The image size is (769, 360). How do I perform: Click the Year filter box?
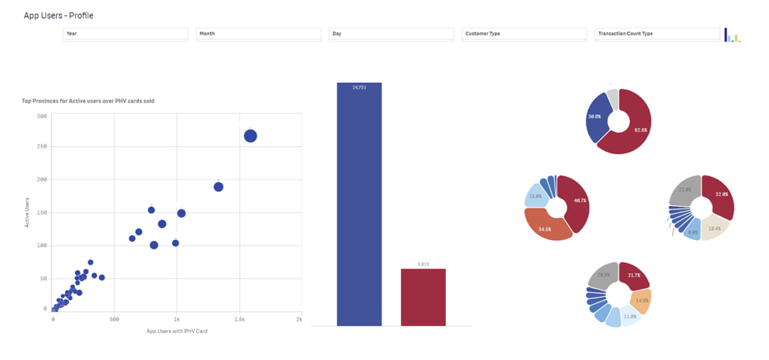coord(126,34)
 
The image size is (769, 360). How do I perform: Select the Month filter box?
coord(258,34)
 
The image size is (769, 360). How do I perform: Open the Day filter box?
coord(391,34)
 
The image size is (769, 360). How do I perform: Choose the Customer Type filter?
coord(524,34)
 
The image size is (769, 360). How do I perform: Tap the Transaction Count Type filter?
coord(657,34)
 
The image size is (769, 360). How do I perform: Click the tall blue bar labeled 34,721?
coord(359,205)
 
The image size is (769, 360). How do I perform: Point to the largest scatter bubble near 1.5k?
coord(250,136)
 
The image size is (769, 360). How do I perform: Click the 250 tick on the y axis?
coord(42,147)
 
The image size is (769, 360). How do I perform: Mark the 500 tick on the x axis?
coord(114,319)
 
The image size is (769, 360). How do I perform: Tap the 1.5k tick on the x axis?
coord(238,319)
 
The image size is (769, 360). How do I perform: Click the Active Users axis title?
coord(27,212)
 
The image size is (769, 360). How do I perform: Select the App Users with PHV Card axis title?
coord(177,331)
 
